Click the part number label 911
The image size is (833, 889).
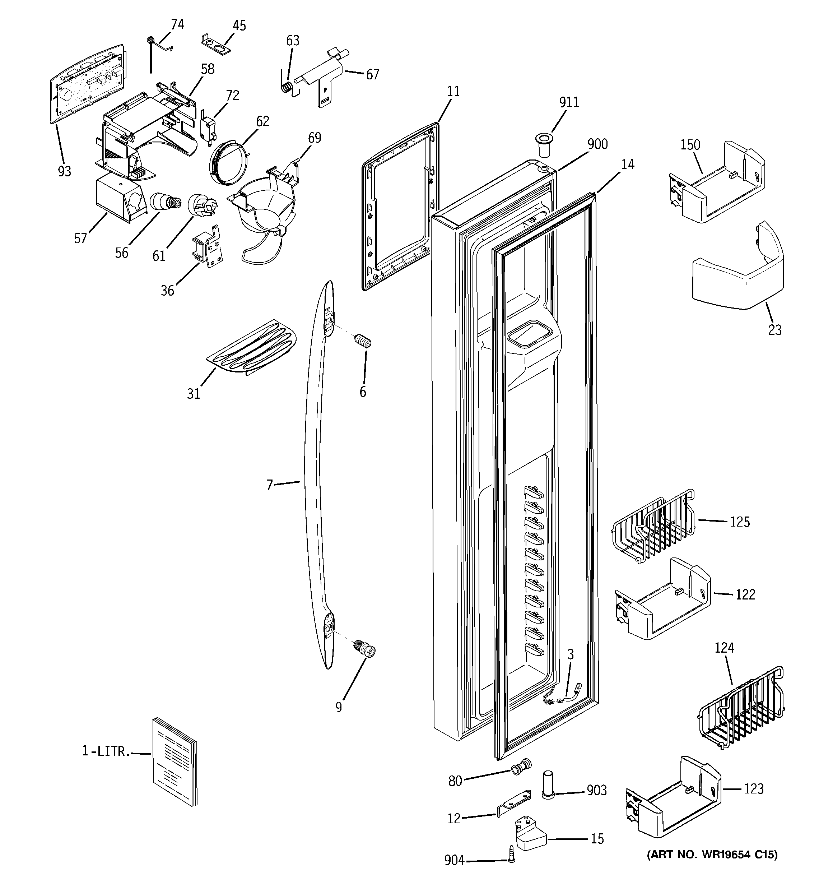coord(569,102)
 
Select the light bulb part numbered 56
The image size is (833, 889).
coord(165,202)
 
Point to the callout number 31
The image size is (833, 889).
coord(193,394)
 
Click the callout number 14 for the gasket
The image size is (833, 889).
coord(628,165)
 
